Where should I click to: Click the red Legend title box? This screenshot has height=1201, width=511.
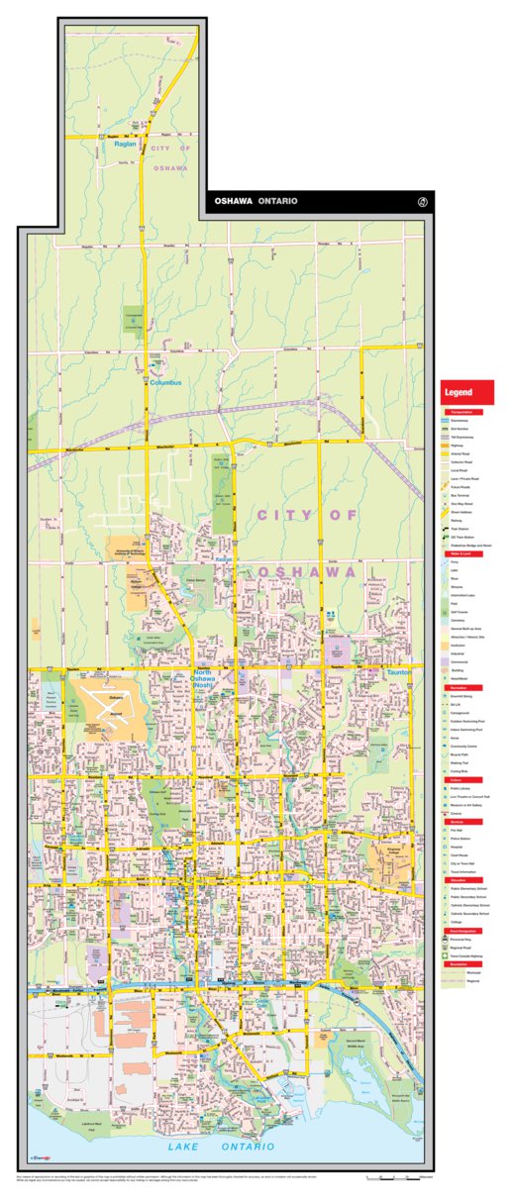pos(467,393)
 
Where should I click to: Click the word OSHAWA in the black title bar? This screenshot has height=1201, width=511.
pos(234,201)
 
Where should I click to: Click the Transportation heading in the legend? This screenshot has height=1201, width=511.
pos(461,412)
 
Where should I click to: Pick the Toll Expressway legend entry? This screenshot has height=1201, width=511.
pos(461,437)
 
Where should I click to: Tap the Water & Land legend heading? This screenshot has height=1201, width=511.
pos(460,553)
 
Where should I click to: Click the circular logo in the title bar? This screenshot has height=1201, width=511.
pos(423,202)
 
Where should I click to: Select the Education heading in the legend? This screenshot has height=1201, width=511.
pos(460,879)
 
